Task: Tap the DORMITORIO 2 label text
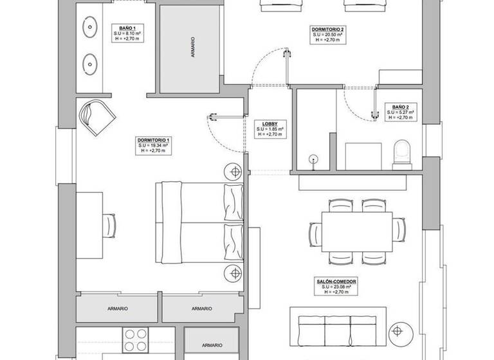coord(328,30)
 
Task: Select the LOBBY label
coord(270,123)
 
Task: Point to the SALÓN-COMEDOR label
coord(336,282)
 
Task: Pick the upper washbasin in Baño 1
coord(89,28)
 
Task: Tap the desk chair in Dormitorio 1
coord(110,226)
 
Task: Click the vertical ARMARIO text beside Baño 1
coord(192,52)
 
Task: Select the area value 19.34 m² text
coord(153,146)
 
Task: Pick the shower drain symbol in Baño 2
coord(314,159)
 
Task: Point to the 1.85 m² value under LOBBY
coord(270,129)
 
